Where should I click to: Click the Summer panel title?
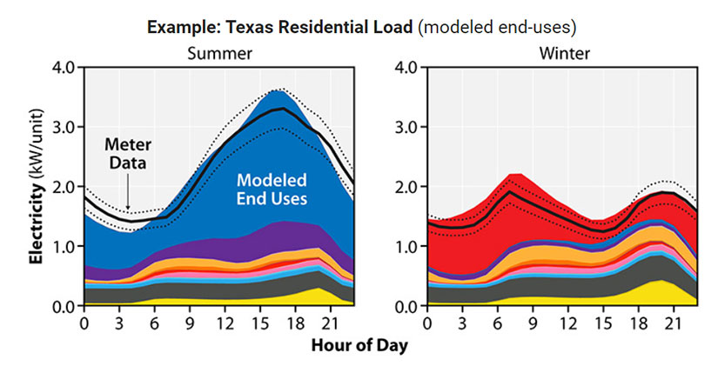221,54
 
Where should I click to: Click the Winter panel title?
564,54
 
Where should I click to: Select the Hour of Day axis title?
359,344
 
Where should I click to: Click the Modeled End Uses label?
272,189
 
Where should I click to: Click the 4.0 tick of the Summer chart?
65,68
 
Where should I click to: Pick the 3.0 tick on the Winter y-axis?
407,128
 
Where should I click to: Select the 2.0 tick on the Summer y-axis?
65,187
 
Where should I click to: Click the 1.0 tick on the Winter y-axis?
407,247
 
